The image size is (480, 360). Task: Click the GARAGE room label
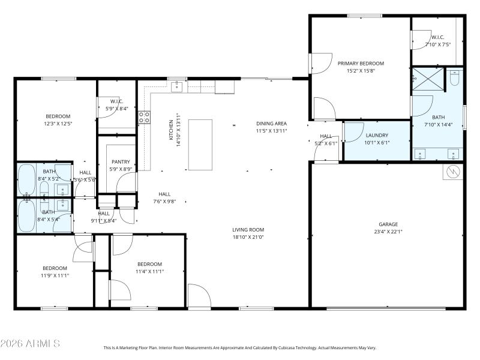388,224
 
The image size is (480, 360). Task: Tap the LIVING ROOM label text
248,229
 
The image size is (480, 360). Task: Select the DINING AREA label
272,123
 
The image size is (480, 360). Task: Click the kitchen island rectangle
200,145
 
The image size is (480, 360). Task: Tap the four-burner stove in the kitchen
145,117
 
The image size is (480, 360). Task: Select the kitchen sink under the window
177,88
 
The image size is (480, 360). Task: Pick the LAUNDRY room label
377,136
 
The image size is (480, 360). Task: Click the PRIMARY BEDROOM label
361,63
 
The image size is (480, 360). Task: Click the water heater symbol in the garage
452,173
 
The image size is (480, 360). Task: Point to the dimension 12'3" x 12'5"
58,124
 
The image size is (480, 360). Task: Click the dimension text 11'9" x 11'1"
55,275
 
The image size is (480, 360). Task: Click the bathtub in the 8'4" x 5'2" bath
28,178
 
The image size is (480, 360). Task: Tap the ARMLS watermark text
30,344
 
